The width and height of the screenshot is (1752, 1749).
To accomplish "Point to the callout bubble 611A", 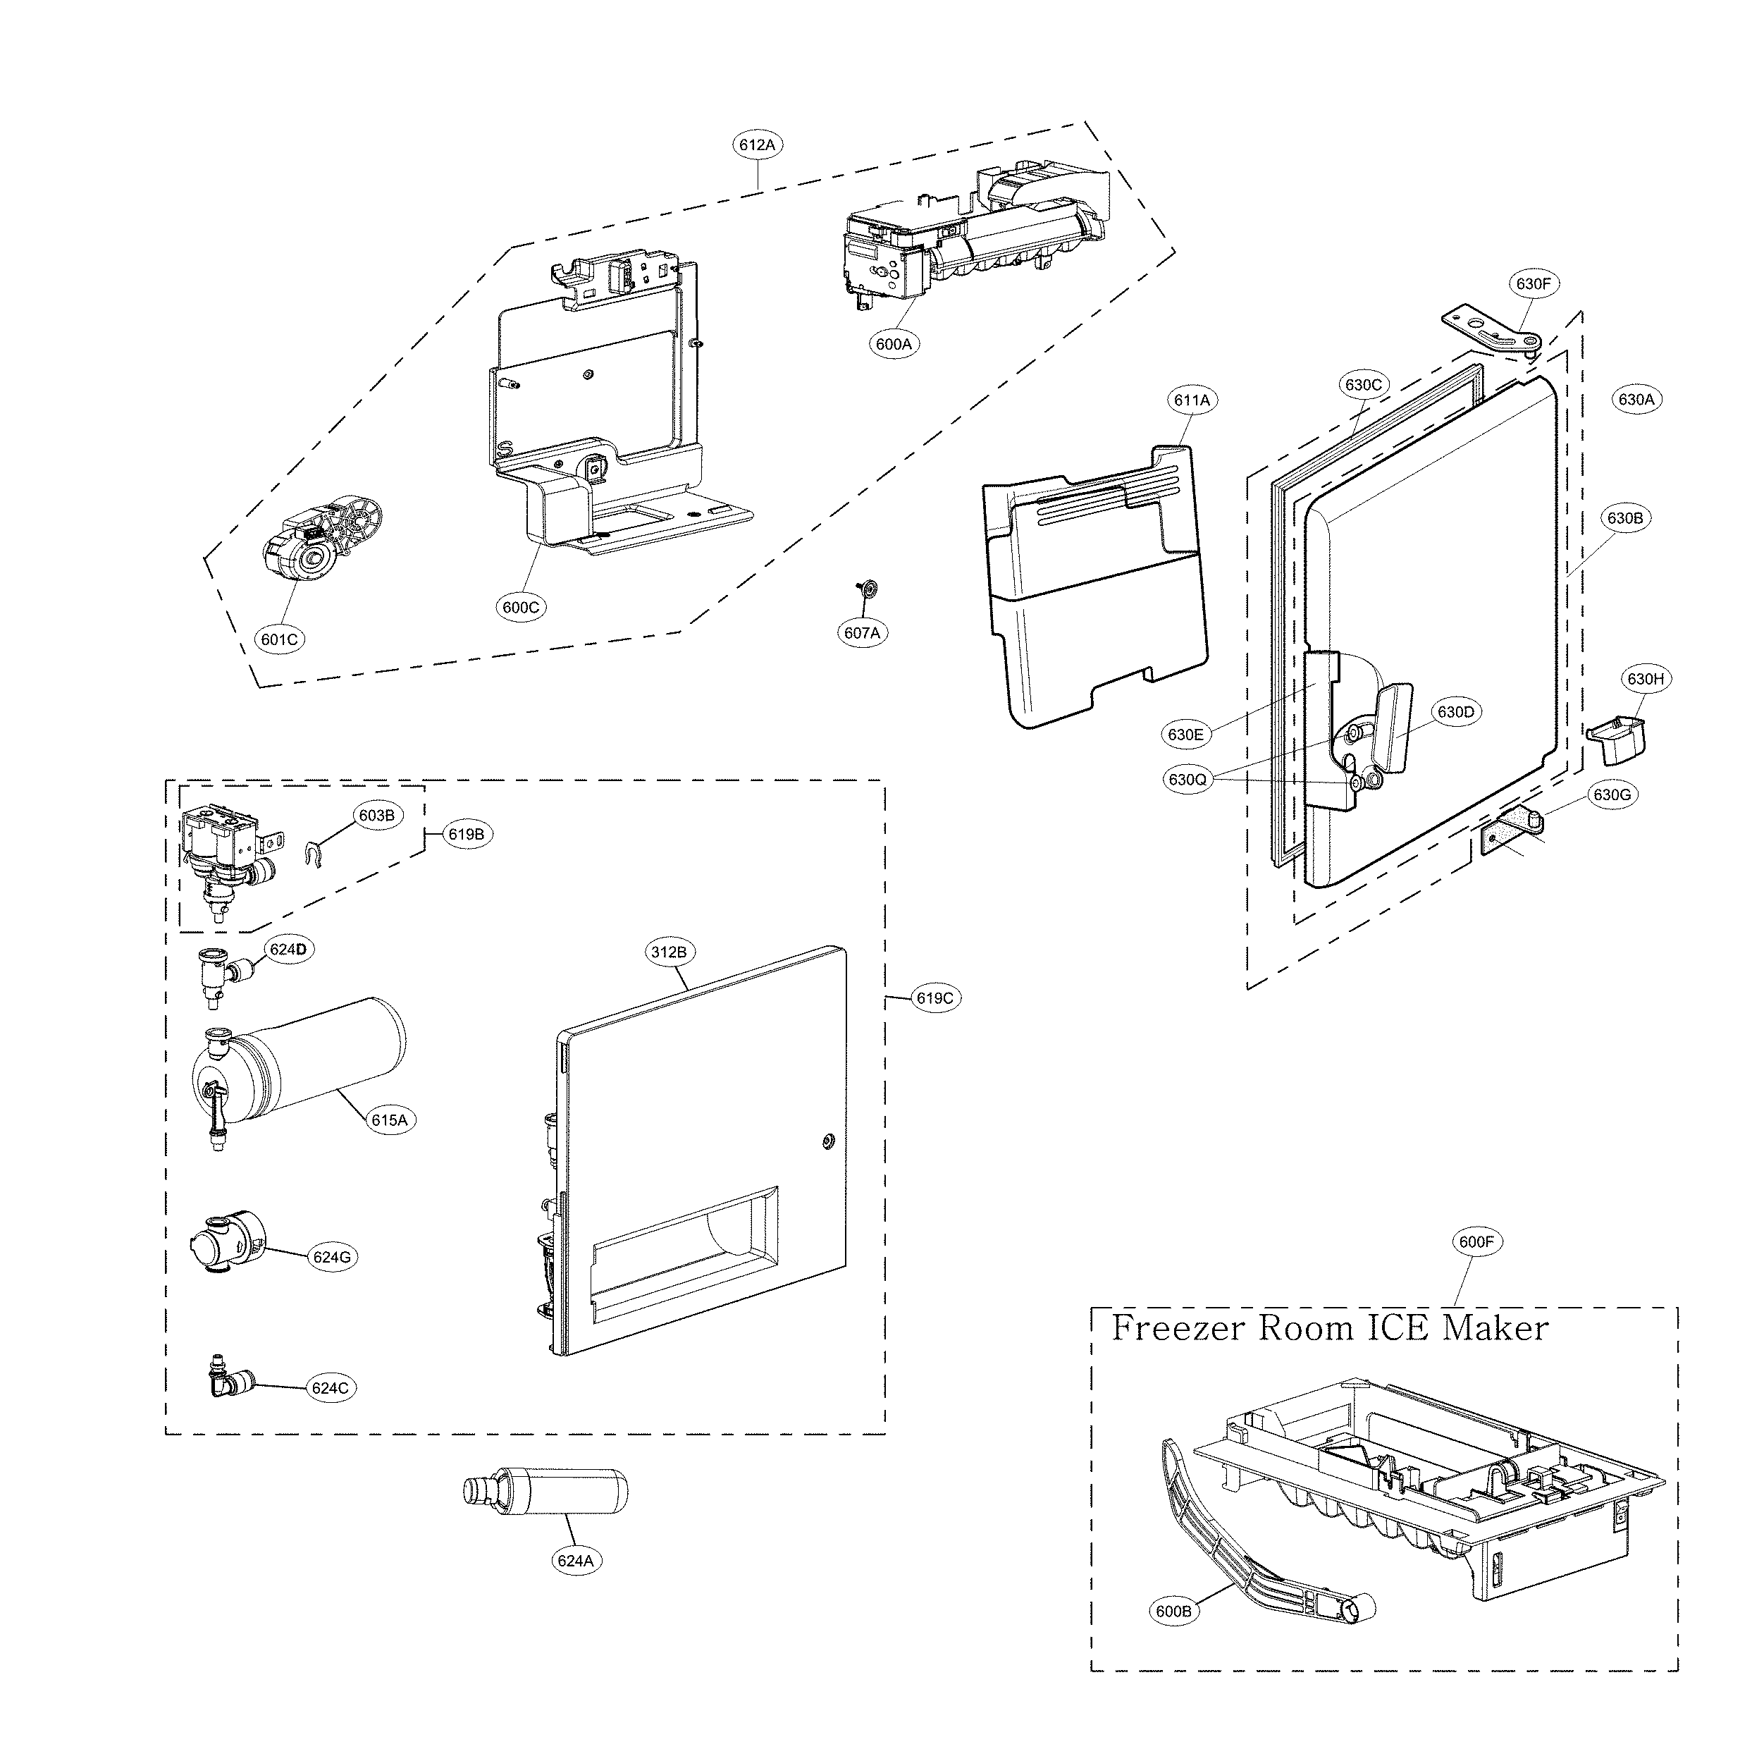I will click(1192, 400).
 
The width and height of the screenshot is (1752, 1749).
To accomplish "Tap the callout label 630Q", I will click(1187, 779).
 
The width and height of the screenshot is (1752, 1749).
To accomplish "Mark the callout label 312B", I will click(668, 952).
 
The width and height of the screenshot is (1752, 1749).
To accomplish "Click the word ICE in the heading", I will click(1399, 1328).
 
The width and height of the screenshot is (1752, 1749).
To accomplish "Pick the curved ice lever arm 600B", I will click(1252, 1542).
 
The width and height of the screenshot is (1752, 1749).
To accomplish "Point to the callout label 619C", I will click(934, 998).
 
